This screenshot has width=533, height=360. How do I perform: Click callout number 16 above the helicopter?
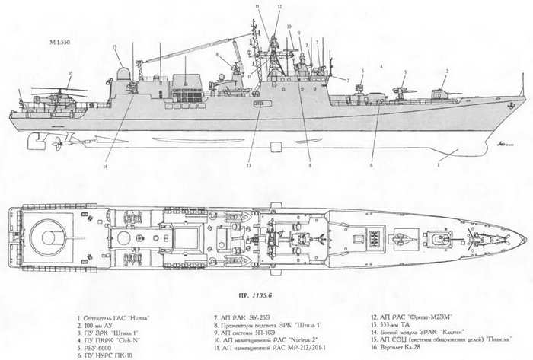(x=69, y=73)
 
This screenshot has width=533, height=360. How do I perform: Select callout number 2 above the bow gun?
(x=446, y=71)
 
